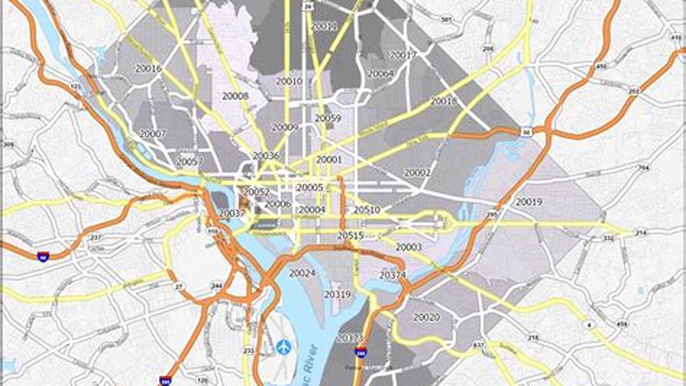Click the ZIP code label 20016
click(x=149, y=69)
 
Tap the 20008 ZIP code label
click(x=235, y=96)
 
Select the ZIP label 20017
click(x=403, y=55)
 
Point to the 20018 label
click(x=444, y=101)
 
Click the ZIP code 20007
click(x=153, y=134)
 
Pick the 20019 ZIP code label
click(x=529, y=202)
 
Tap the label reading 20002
click(x=417, y=173)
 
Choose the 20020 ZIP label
click(x=426, y=317)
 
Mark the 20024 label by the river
click(x=302, y=273)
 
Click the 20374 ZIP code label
click(x=393, y=275)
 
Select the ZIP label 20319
click(x=337, y=294)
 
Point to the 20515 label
click(x=351, y=235)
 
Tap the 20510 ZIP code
click(x=367, y=210)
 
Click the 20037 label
click(x=232, y=213)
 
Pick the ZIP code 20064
click(x=381, y=73)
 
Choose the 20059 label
click(x=328, y=118)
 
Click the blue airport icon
click(x=283, y=347)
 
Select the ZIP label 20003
click(x=409, y=247)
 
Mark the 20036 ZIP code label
click(x=266, y=156)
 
